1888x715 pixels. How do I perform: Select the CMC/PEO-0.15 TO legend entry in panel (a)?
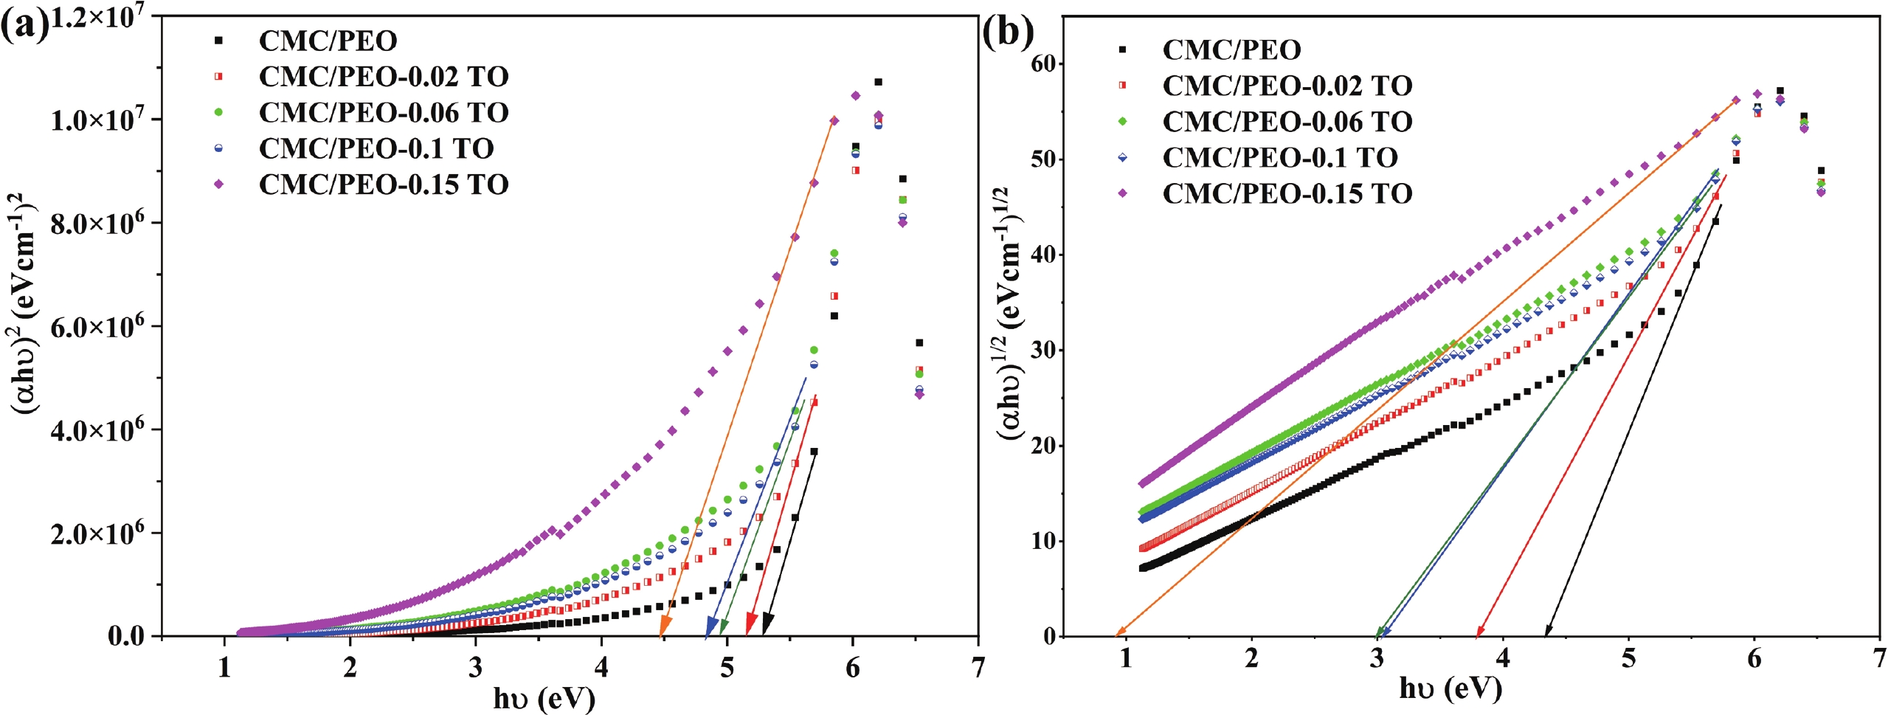384,184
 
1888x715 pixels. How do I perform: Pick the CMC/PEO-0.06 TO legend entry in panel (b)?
1287,122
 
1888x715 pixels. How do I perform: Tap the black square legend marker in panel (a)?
218,41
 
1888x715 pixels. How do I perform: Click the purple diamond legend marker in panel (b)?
1122,193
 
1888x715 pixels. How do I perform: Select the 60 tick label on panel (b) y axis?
1045,64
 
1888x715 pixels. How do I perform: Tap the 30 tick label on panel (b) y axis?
1045,350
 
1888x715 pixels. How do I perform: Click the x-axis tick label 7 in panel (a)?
978,667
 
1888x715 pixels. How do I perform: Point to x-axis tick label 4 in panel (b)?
1503,657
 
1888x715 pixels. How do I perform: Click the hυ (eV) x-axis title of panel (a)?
544,698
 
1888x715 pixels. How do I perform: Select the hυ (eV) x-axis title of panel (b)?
1450,688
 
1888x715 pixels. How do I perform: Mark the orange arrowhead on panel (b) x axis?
1121,632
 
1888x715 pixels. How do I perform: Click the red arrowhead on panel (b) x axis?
1479,630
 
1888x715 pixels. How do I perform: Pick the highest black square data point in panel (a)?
878,82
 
